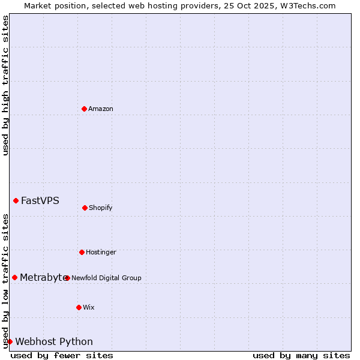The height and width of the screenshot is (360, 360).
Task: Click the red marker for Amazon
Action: pos(84,109)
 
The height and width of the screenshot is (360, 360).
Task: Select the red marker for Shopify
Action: pos(85,208)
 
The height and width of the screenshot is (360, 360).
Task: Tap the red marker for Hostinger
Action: pos(82,252)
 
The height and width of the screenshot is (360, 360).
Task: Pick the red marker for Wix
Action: pos(79,307)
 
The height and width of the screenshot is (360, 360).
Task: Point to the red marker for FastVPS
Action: pos(16,200)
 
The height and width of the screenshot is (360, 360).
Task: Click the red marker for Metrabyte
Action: pos(14,277)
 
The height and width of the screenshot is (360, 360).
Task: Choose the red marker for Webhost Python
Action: pos(10,341)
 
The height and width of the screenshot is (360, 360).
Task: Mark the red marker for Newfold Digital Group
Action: pos(67,278)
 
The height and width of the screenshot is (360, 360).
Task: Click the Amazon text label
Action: pos(101,109)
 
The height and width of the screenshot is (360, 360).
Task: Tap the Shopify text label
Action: pos(101,208)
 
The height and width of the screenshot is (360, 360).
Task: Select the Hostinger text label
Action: pos(101,252)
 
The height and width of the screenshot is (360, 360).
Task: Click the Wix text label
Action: pos(89,307)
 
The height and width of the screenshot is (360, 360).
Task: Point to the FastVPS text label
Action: pos(40,200)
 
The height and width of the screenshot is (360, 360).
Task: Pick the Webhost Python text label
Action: pos(54,341)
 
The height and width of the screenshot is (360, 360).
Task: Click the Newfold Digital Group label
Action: pos(106,278)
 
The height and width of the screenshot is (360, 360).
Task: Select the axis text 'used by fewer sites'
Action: pos(62,355)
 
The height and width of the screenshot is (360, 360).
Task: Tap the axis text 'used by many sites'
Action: pos(301,355)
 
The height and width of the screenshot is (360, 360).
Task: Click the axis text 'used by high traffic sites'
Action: pos(5,86)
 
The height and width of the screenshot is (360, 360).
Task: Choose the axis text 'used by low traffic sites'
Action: pos(5,281)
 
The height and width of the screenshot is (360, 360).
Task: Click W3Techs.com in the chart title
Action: pos(305,5)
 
